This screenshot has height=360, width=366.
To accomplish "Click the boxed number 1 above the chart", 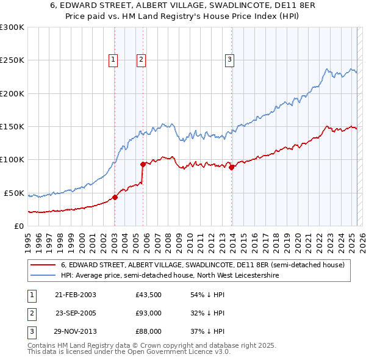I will pos(113,60).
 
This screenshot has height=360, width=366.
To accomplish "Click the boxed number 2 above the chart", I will pos(141,60).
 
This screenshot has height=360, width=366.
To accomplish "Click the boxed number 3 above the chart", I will pos(229,60).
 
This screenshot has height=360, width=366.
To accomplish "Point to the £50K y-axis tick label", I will pos(15,193).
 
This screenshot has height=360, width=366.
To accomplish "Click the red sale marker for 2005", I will pos(143,164).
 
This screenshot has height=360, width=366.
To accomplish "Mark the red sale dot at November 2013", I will pos(232,167).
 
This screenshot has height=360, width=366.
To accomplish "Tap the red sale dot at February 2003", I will pos(115,197).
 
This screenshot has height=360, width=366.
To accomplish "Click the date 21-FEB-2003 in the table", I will pos(75,295).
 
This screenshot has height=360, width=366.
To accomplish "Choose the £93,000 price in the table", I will pos(148,313).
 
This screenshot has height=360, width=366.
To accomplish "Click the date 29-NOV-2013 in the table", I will pos(75,331).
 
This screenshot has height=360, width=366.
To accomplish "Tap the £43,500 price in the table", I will pos(148,295).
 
